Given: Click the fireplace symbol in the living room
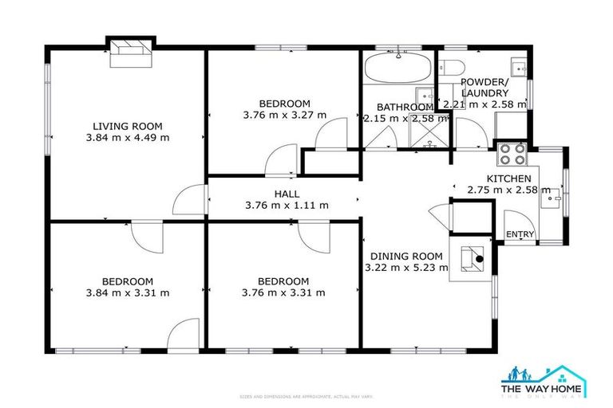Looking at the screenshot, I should pyautogui.click(x=129, y=50).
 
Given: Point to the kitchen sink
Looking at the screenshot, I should pyautogui.click(x=551, y=200).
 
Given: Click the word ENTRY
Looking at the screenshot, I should pyautogui.click(x=520, y=233).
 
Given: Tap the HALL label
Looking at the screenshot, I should pyautogui.click(x=287, y=194).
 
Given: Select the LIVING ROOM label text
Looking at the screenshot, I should pyautogui.click(x=127, y=126).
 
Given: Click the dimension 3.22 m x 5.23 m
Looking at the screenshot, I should pyautogui.click(x=406, y=268).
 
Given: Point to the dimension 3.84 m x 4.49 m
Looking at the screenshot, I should pyautogui.click(x=127, y=138).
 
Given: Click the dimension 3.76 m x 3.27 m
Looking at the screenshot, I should pyautogui.click(x=284, y=115).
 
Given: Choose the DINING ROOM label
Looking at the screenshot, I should pyautogui.click(x=405, y=256).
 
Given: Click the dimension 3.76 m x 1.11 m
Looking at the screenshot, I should pyautogui.click(x=287, y=206).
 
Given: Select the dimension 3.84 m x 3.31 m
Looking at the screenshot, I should pyautogui.click(x=127, y=292).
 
